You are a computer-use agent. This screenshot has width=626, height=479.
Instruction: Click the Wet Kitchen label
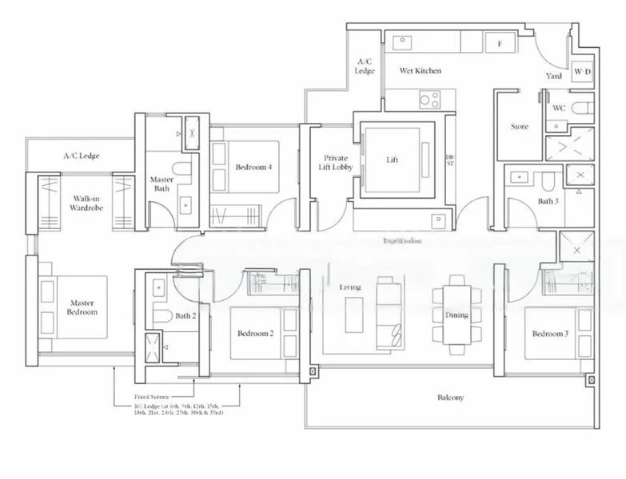[x=420, y=71]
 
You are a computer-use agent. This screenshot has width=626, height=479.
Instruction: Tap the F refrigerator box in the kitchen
[x=500, y=44]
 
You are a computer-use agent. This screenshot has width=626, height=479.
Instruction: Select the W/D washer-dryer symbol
[x=582, y=75]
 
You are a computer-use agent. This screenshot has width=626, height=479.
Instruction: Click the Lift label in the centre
[x=392, y=160]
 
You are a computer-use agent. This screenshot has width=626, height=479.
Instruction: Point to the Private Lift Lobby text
[x=335, y=164]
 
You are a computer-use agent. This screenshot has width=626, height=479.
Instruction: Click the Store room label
[x=519, y=127]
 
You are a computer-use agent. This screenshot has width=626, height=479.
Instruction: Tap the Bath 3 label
[x=547, y=201]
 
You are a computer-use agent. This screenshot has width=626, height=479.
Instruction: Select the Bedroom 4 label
[x=253, y=167]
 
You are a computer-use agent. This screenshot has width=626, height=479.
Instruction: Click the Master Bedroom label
[x=82, y=307]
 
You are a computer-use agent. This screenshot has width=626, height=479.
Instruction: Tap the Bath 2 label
[x=185, y=316]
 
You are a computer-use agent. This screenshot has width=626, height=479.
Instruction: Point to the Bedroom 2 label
[x=256, y=333]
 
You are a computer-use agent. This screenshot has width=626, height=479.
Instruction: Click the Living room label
[x=349, y=287]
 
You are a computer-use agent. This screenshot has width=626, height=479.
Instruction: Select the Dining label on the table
[x=457, y=315]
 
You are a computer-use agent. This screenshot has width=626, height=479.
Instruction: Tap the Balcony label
[x=451, y=397]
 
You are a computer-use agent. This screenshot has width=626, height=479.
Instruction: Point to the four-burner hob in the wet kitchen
[x=429, y=100]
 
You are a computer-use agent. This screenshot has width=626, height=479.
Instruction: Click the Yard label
[x=553, y=76]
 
